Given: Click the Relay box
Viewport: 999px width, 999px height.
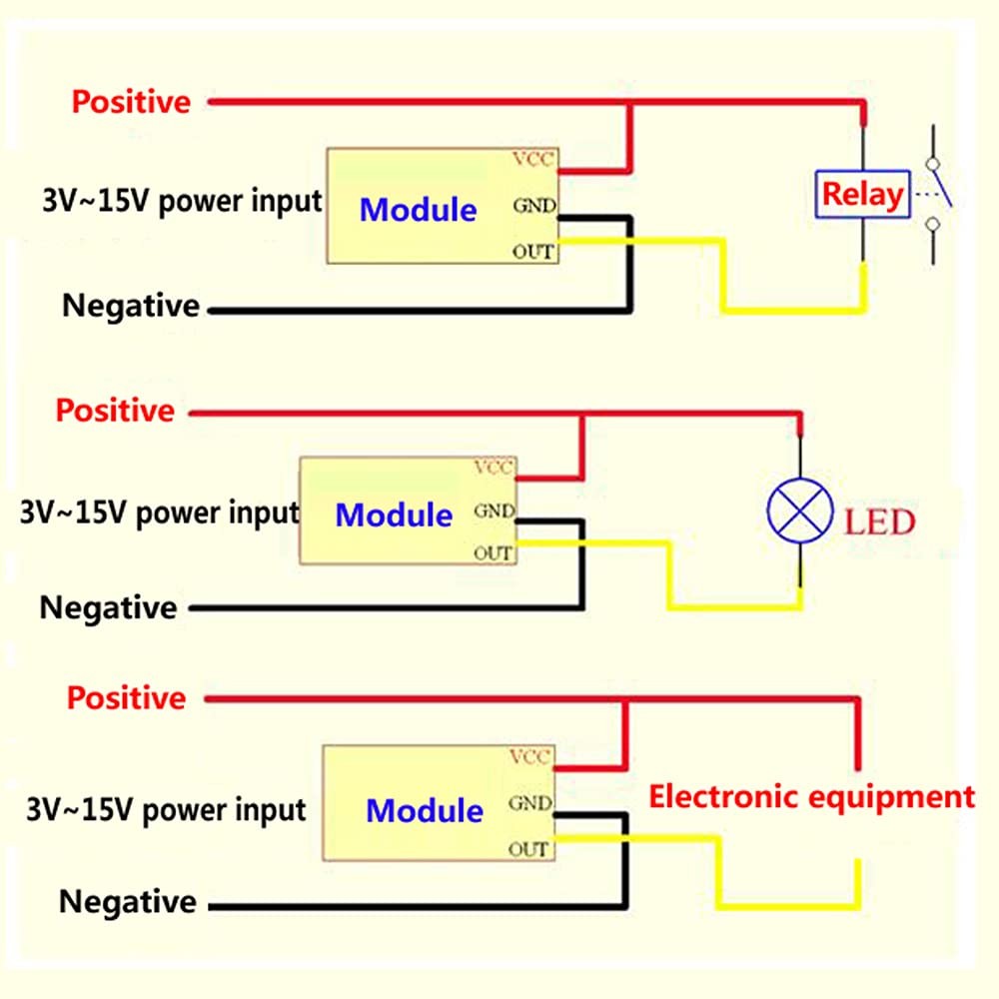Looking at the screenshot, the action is click(x=863, y=195).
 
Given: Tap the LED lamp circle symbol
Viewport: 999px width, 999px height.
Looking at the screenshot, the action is click(x=800, y=510).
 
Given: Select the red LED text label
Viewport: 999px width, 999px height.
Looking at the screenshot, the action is click(x=880, y=521).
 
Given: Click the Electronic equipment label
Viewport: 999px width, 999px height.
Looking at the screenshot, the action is click(x=811, y=797).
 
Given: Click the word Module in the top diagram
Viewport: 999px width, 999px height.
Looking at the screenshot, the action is click(x=418, y=210).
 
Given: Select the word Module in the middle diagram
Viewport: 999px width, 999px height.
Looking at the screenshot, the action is click(x=394, y=514).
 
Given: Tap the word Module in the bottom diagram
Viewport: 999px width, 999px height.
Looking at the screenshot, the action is click(x=425, y=811).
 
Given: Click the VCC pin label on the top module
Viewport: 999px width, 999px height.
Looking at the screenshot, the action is click(x=533, y=159).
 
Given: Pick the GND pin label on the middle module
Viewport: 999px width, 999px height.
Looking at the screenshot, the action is click(x=495, y=510).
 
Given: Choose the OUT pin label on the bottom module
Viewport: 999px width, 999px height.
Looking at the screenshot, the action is click(x=528, y=849).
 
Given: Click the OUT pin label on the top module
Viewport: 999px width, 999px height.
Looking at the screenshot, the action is click(x=532, y=252).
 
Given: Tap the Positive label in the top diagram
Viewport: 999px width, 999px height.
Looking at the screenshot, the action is click(x=131, y=102).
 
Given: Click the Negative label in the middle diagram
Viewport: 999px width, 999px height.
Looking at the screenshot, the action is click(x=108, y=607).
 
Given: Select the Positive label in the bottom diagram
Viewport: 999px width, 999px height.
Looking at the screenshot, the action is click(x=126, y=698).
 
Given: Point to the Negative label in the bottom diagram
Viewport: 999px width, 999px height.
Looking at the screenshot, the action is click(x=128, y=902).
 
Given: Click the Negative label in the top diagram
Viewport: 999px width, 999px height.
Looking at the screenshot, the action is click(x=131, y=306).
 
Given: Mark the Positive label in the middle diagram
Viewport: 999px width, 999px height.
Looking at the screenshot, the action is click(x=115, y=411).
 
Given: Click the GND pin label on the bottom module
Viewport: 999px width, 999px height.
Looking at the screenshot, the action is click(x=530, y=803).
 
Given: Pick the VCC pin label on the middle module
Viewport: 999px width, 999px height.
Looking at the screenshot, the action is click(x=494, y=467).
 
